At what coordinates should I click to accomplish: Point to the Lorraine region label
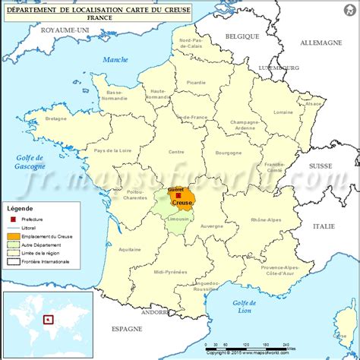tap(283, 112)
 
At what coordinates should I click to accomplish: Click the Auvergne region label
tap(211, 226)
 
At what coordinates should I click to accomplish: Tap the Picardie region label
tap(197, 83)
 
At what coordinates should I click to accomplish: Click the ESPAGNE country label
tap(126, 330)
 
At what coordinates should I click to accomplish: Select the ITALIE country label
tap(323, 226)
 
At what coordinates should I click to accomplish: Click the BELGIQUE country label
tap(242, 35)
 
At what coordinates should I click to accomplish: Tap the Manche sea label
tap(116, 59)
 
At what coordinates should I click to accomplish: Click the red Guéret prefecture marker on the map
tap(178, 195)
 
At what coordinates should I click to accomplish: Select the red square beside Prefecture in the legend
tap(12, 218)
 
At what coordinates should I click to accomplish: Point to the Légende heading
tap(21, 207)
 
